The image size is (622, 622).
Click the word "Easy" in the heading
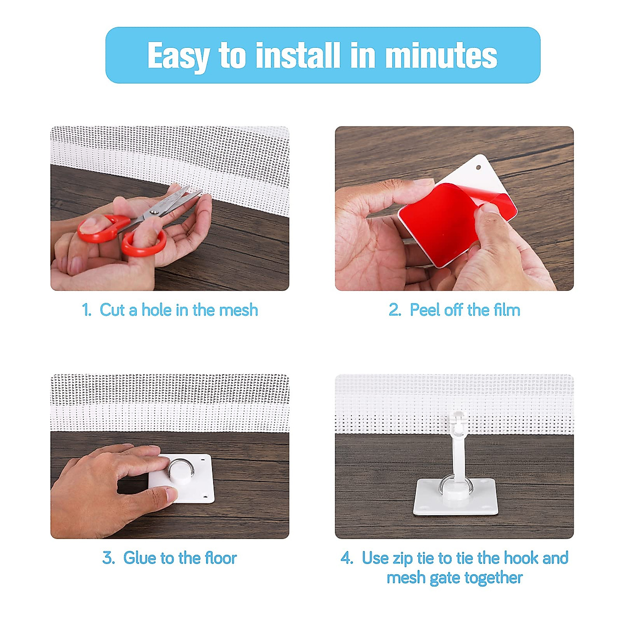(x=177, y=56)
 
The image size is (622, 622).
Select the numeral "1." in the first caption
(x=87, y=310)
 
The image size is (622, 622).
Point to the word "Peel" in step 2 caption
(x=425, y=310)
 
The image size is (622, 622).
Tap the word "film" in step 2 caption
(x=506, y=310)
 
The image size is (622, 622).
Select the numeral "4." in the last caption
(x=347, y=558)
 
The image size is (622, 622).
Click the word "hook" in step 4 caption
(x=521, y=558)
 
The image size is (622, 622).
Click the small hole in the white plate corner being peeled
(x=478, y=167)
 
